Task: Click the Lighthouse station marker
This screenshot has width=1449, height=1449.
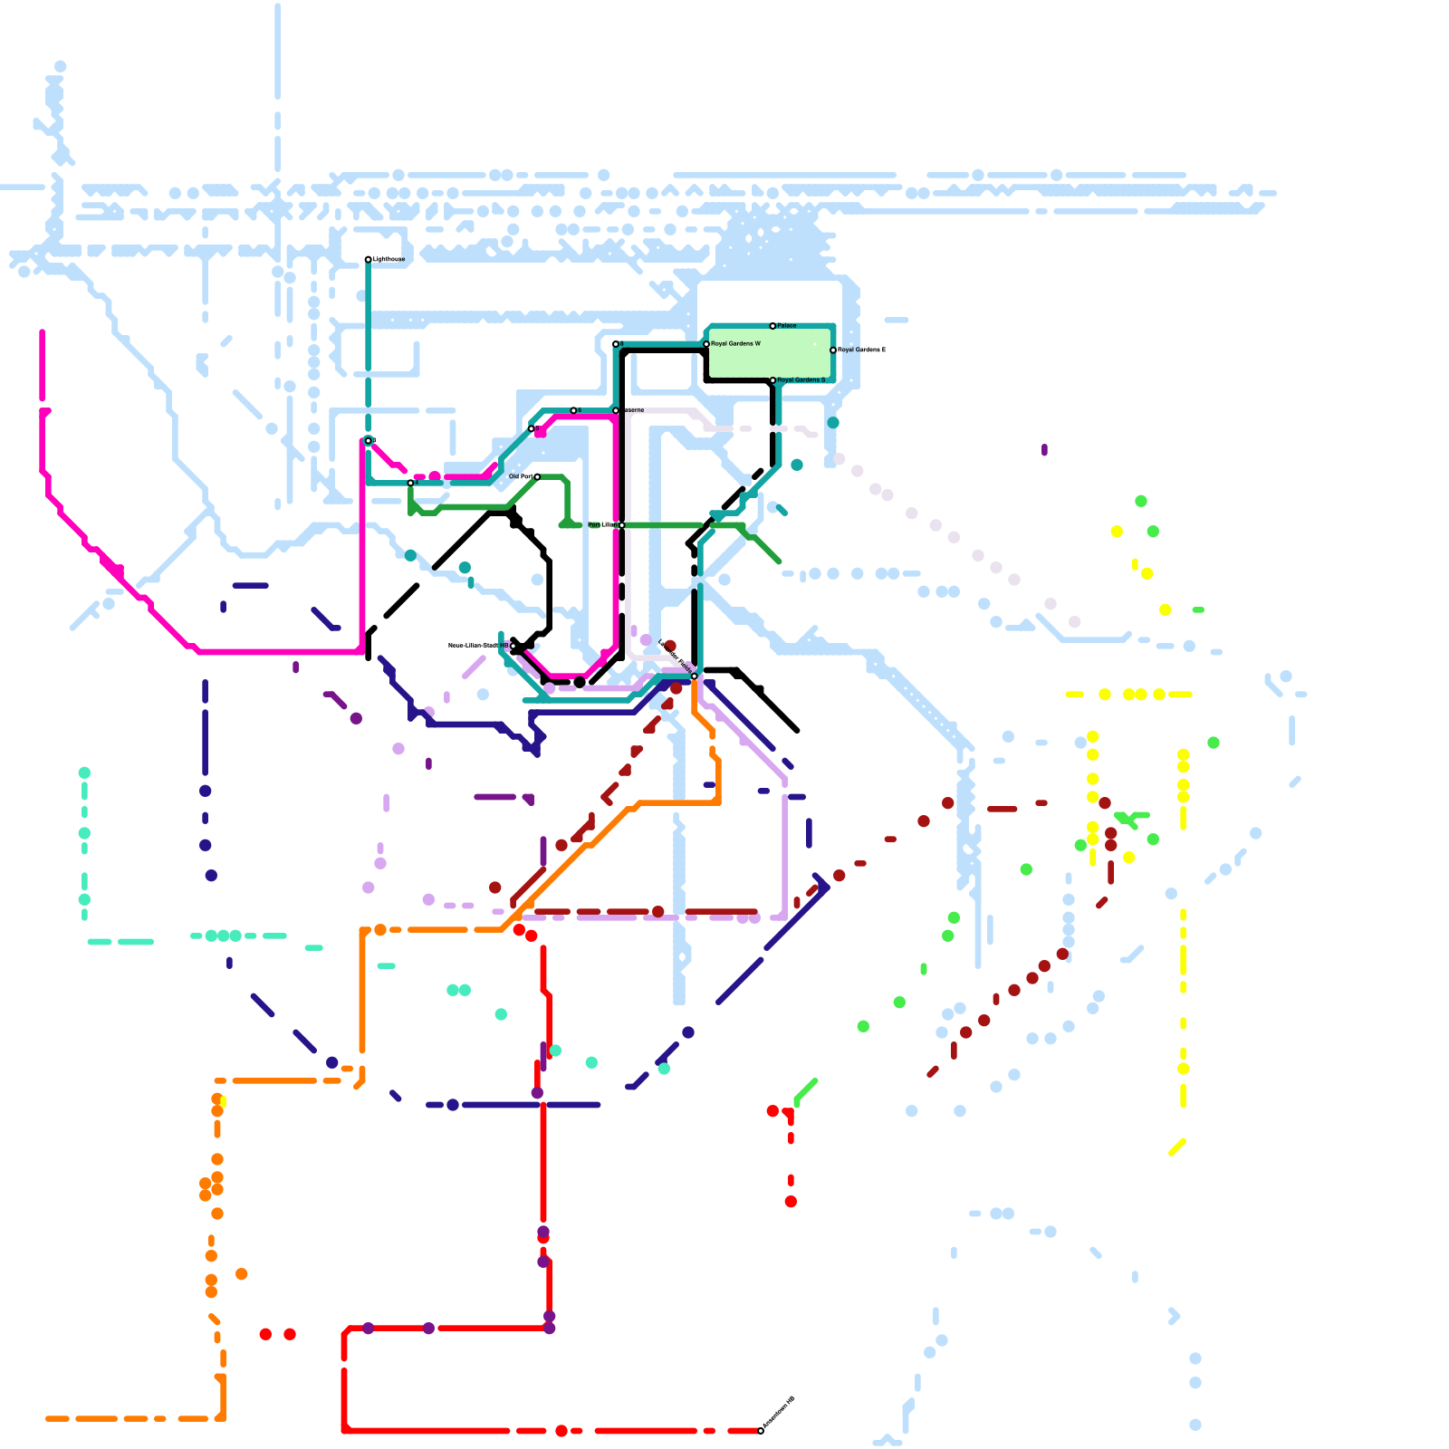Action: point(368,260)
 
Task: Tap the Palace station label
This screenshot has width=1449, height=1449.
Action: point(787,325)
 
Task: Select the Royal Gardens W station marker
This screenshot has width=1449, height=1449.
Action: point(706,344)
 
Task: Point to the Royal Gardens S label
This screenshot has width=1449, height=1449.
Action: point(801,380)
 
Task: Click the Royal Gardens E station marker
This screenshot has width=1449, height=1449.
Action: point(833,350)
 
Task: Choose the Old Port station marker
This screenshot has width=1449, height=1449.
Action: point(537,476)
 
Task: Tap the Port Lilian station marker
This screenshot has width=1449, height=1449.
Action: point(621,525)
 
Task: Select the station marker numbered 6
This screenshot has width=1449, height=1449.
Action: point(573,410)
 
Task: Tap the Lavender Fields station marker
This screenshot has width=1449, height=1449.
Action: point(695,676)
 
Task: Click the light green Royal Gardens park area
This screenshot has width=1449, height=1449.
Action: point(770,353)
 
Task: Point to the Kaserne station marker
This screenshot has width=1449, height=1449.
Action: point(616,410)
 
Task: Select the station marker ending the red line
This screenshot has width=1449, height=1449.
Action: point(761,1431)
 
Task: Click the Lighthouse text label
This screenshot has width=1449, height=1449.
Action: point(388,260)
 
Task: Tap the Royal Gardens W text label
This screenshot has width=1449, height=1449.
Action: point(735,344)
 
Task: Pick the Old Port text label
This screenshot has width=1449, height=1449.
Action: point(520,476)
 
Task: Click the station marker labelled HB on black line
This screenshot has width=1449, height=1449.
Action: point(513,646)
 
